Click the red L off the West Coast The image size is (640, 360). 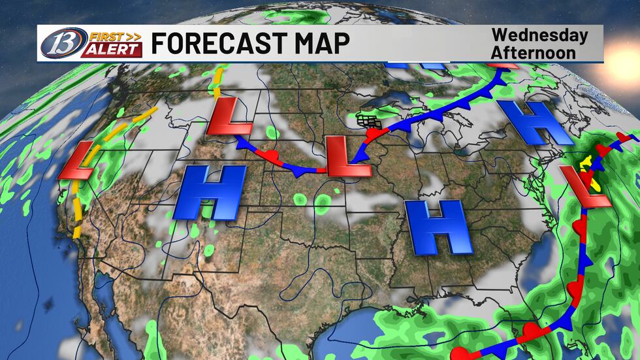point(78,160)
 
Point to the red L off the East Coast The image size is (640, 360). point(581,187)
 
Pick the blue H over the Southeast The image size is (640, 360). point(438,227)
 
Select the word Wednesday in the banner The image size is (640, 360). point(539,35)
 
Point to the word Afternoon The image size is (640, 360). point(534,52)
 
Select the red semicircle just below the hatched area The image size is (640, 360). point(374,134)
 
